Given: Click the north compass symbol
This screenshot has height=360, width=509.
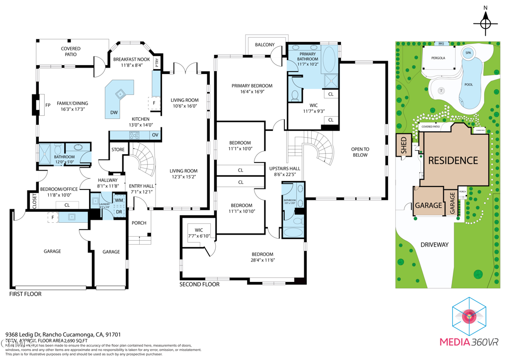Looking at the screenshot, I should pyautogui.click(x=486, y=23).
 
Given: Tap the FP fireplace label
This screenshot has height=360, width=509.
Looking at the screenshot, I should pyautogui.click(x=48, y=105).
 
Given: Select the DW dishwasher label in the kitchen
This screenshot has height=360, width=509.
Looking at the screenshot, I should pyautogui.click(x=114, y=112).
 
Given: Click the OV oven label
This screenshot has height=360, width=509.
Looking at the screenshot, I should pyautogui.click(x=155, y=135).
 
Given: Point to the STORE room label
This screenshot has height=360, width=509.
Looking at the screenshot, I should pyautogui.click(x=118, y=149).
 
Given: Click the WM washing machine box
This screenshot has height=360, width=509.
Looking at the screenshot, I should pyautogui.click(x=119, y=201).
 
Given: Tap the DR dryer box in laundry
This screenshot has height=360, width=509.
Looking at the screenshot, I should pyautogui.click(x=119, y=212).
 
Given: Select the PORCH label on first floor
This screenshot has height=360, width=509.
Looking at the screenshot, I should pyautogui.click(x=139, y=223).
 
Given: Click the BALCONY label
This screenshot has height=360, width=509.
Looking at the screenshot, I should pyautogui.click(x=265, y=45).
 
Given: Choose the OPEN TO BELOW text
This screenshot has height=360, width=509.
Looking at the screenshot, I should pyautogui.click(x=360, y=152).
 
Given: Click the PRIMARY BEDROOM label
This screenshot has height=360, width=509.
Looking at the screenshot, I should pyautogui.click(x=252, y=89).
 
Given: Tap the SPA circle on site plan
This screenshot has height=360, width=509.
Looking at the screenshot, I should pyautogui.click(x=468, y=53).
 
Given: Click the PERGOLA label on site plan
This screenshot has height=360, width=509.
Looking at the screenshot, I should pyautogui.click(x=438, y=58).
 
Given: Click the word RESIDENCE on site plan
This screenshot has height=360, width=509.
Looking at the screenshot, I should pyautogui.click(x=453, y=161).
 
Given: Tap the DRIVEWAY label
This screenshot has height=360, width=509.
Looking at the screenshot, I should pyautogui.click(x=434, y=245).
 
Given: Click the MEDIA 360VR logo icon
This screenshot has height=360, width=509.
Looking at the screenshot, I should pyautogui.click(x=469, y=317).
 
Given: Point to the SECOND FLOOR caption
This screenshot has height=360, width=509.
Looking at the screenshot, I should pyautogui.click(x=199, y=284).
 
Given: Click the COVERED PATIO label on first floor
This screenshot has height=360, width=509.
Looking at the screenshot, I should pyautogui.click(x=71, y=51).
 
